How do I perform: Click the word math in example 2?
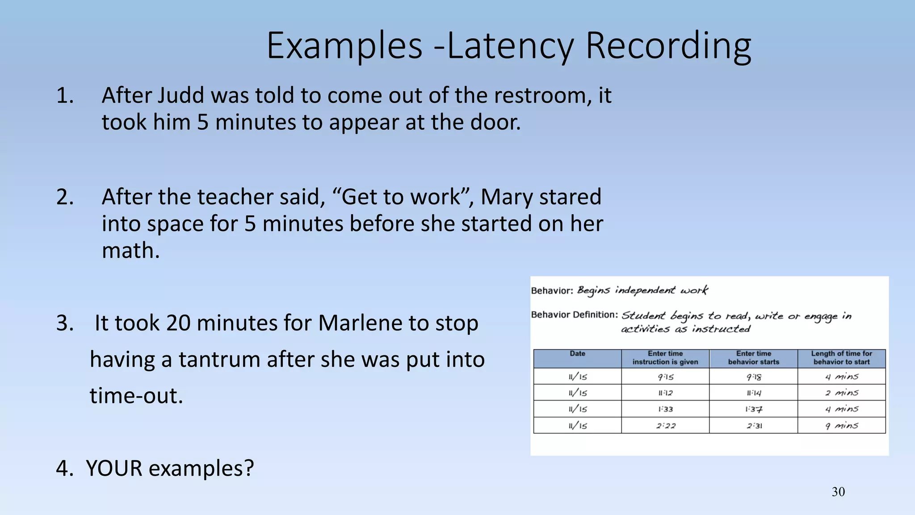130,250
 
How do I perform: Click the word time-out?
136,396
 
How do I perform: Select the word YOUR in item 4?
114,469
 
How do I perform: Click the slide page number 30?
838,492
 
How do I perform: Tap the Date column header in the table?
577,354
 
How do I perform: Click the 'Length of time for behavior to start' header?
841,358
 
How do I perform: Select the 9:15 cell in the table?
665,377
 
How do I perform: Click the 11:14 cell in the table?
754,393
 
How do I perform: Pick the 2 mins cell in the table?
841,393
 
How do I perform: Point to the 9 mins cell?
841,426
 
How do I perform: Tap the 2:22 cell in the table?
665,426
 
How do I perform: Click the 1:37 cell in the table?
754,409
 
